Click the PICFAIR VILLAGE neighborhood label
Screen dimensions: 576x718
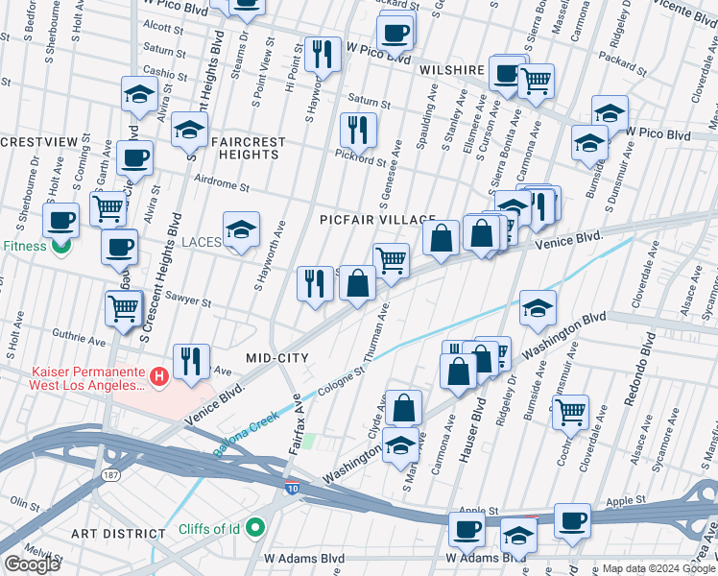tap(378, 221)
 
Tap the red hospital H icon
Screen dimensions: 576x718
tap(160, 377)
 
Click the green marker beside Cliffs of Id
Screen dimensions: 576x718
tap(255, 527)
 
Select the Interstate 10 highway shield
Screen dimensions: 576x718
tap(290, 489)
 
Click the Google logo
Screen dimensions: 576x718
tap(31, 564)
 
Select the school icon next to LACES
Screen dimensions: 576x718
tap(241, 230)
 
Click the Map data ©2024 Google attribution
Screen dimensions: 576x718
tap(658, 568)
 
